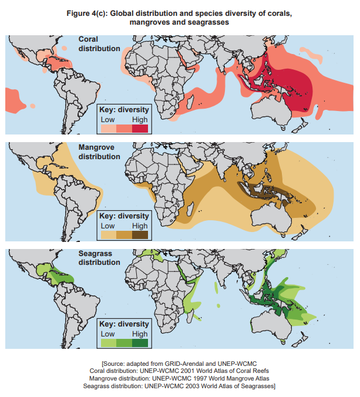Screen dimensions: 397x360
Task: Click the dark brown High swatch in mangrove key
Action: point(140,235)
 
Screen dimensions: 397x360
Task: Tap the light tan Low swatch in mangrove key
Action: point(108,235)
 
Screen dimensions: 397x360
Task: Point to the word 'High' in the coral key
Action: point(140,119)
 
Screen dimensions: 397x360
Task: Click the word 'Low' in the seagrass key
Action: point(108,334)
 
